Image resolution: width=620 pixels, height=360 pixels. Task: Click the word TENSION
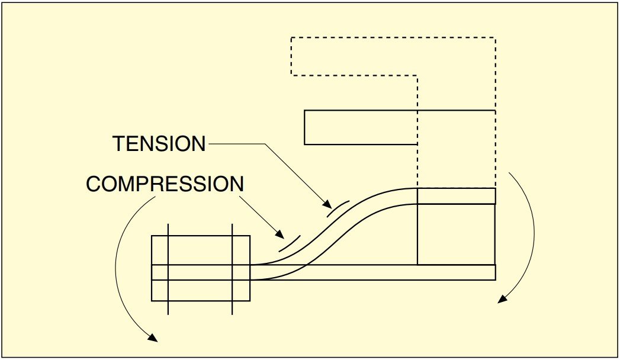[x=159, y=143]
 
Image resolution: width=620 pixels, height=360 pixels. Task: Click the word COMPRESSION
[x=165, y=184]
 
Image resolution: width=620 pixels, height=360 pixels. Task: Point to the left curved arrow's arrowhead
[x=153, y=339]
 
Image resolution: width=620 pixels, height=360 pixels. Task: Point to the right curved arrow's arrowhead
[x=502, y=299]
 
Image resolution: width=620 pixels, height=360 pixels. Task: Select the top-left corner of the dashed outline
[x=291, y=38]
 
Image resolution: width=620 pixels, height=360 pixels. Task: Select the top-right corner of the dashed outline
[x=495, y=38]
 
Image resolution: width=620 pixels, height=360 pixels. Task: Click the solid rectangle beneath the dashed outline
[x=361, y=127]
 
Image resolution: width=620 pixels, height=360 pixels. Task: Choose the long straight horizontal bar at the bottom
[x=373, y=272]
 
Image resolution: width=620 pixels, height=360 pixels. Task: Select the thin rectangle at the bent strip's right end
[x=456, y=196]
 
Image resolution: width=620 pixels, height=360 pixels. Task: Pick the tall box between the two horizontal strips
[x=456, y=234]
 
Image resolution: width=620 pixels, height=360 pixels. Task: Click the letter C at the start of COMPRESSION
[x=94, y=184]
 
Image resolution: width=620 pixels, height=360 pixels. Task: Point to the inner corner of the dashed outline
[x=417, y=75]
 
